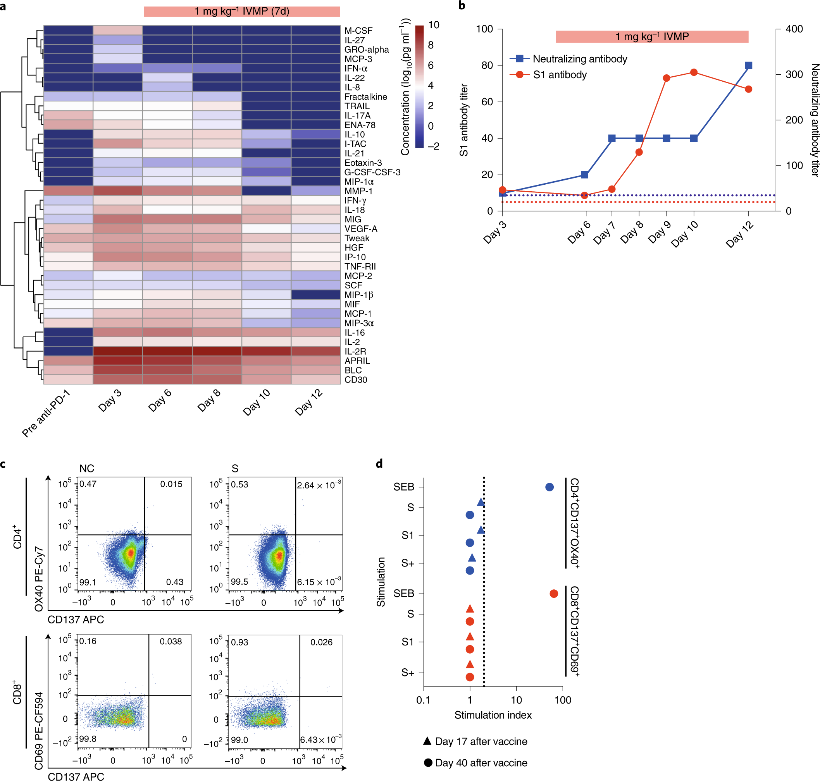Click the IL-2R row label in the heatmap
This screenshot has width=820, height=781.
pyautogui.click(x=355, y=351)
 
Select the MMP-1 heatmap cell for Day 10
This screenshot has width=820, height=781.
pyautogui.click(x=266, y=191)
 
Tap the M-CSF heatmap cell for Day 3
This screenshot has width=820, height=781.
pyautogui.click(x=117, y=30)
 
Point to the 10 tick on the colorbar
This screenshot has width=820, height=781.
pyautogui.click(x=433, y=25)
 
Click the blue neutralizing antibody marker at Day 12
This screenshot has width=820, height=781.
pyautogui.click(x=748, y=65)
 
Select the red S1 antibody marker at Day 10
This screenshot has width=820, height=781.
pyautogui.click(x=694, y=72)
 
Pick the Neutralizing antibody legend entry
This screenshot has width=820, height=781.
pyautogui.click(x=580, y=59)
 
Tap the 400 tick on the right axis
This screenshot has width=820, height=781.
pyautogui.click(x=794, y=29)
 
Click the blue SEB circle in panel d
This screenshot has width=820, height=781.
pyautogui.click(x=549, y=487)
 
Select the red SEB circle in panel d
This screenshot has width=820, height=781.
pyautogui.click(x=553, y=594)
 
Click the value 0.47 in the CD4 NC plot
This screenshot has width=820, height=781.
pyautogui.click(x=88, y=484)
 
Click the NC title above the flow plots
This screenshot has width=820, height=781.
pyautogui.click(x=87, y=469)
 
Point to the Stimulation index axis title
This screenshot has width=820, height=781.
pyautogui.click(x=493, y=715)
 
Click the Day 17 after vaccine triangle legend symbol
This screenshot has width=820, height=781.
pyautogui.click(x=427, y=741)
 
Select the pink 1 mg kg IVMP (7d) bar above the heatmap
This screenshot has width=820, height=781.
pyautogui.click(x=242, y=11)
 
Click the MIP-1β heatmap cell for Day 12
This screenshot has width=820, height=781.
pyautogui.click(x=315, y=295)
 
